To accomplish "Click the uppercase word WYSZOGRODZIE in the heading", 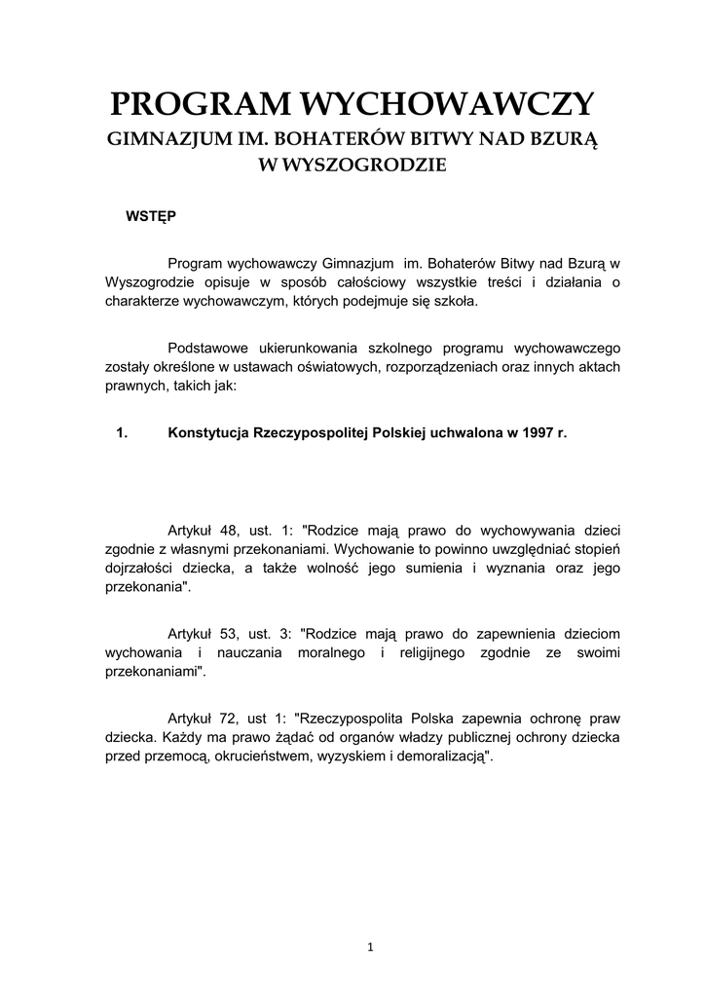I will (x=352, y=166).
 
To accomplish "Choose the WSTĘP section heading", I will (x=150, y=215).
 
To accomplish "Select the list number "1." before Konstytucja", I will (x=122, y=434).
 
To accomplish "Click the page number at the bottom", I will (x=371, y=946).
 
